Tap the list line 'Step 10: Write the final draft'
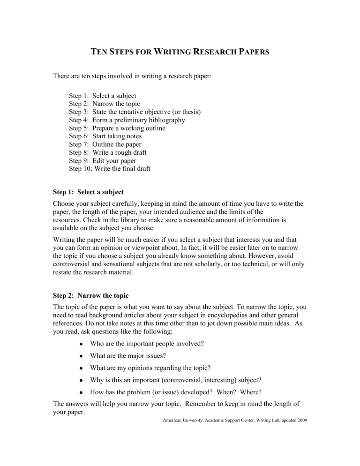[109, 168]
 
